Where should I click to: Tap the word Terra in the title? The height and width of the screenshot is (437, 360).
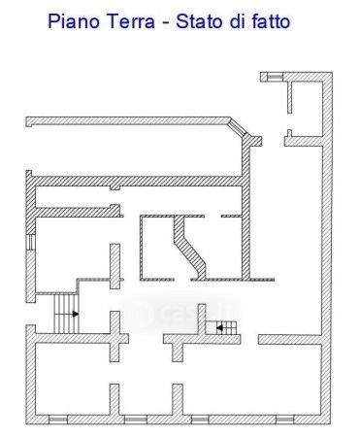pos(131,21)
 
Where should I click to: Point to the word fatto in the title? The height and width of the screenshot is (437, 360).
pos(271,21)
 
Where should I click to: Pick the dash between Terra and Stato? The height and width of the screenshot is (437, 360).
pos(166,23)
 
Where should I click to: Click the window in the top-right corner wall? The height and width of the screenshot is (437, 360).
pos(275,77)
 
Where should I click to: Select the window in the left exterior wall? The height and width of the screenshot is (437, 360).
pos(30,242)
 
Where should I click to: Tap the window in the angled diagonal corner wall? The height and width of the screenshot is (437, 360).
pos(239,127)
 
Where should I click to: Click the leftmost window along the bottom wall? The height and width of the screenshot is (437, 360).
pos(58,420)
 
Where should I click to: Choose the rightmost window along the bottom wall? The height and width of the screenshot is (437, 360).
pos(285,420)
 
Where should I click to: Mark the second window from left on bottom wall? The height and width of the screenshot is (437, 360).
pos(136,420)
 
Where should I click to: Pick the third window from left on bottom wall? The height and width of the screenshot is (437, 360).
pos(200,420)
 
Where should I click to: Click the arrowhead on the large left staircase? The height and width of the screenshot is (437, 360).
pos(76,314)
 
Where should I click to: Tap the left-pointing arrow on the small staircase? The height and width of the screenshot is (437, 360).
pos(219,328)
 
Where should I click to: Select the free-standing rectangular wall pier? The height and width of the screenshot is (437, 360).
pos(115,266)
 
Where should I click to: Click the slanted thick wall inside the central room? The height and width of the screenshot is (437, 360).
pos(190,248)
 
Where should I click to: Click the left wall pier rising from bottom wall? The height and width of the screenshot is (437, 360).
pos(115,399)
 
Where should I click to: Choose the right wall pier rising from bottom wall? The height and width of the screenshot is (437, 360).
pos(178,399)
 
